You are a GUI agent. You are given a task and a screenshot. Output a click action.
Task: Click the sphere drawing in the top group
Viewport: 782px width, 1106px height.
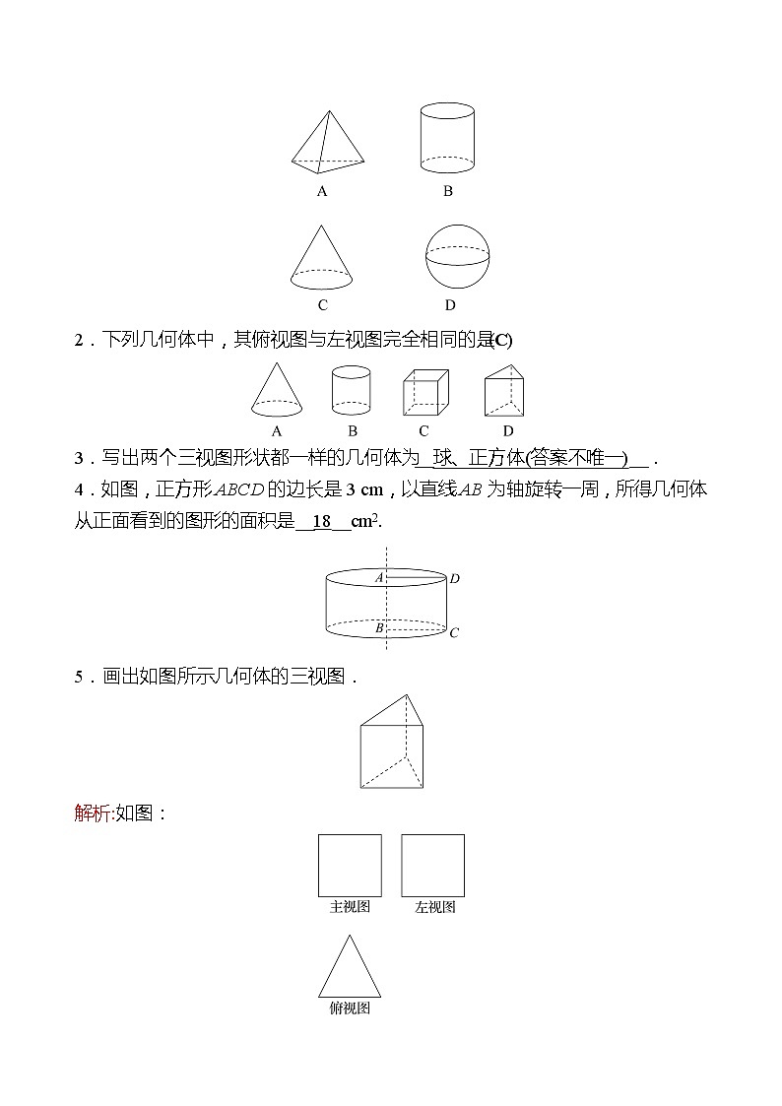457,255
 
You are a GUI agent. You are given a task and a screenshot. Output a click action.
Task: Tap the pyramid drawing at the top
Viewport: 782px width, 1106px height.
327,143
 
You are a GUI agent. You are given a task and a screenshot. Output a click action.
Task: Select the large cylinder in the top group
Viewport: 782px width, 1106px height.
447,139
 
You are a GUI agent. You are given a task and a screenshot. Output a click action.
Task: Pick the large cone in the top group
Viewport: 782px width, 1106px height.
322,256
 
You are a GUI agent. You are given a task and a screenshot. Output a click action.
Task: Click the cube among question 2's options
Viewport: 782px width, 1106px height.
424,393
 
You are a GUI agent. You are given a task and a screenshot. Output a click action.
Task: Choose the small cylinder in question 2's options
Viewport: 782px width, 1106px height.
352,390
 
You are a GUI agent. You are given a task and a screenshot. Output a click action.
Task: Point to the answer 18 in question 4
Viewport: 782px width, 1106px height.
322,522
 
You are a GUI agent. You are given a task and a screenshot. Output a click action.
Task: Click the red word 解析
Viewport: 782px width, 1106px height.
93,813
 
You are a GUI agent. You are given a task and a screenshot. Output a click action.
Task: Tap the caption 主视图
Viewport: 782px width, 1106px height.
350,907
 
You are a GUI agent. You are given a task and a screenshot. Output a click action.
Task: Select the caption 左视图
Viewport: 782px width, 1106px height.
434,907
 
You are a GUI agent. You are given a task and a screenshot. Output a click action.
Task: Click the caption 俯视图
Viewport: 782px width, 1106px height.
350,1008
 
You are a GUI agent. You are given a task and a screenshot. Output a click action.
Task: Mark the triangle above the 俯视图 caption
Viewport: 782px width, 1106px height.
350,971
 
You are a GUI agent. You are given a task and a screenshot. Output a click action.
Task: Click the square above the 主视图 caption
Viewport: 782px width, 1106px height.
350,865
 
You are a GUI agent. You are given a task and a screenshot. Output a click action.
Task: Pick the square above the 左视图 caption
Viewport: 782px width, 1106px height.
432,865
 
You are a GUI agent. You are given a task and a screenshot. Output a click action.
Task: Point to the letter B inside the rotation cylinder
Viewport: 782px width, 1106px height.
379,626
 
